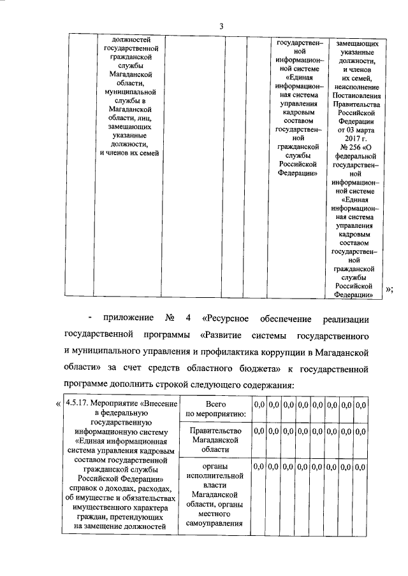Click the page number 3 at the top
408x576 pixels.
(x=221, y=26)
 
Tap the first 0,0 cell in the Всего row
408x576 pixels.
(x=259, y=404)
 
